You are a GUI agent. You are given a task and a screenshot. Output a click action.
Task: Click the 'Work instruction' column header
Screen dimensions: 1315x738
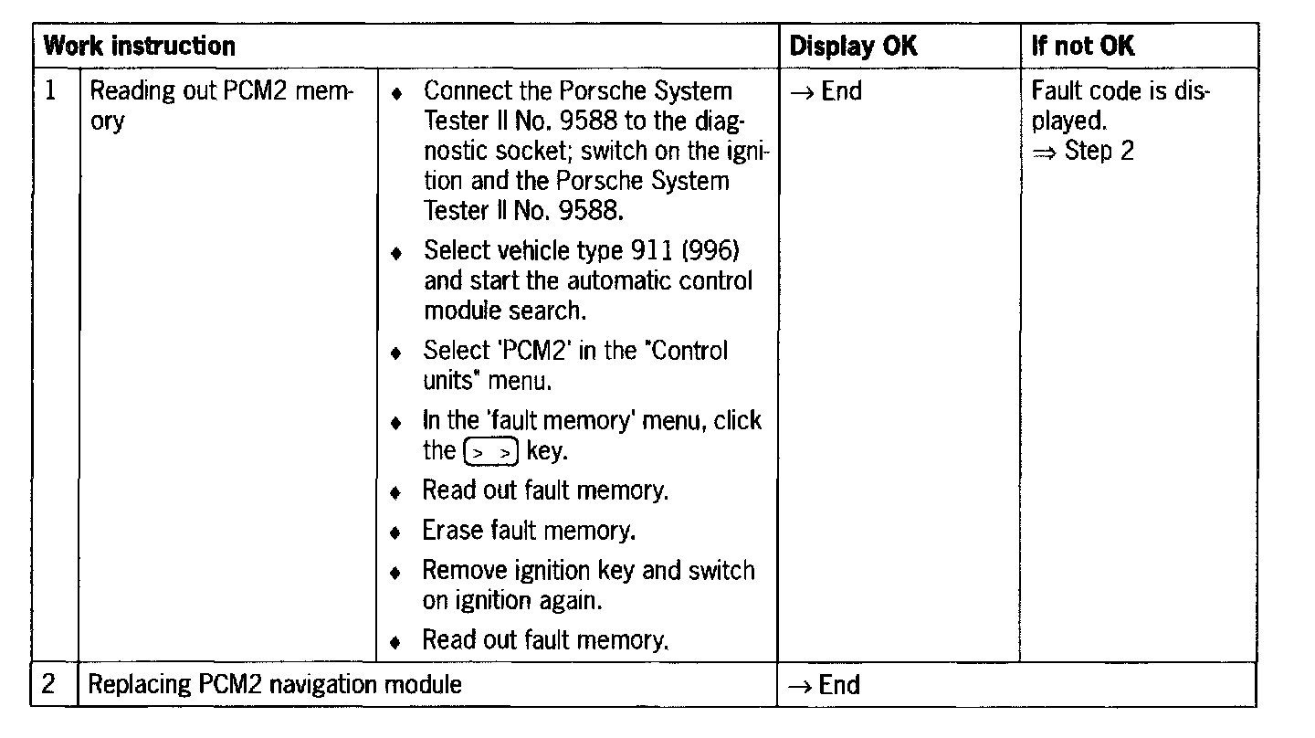pos(140,46)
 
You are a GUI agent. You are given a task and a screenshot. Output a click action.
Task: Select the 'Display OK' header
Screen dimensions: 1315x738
pos(853,46)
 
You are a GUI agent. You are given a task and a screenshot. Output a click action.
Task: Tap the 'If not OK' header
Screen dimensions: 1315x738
pos(1083,46)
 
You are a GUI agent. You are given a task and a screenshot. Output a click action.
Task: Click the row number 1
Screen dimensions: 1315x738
pos(51,91)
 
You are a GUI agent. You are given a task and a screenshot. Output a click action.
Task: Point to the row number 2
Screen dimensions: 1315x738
pos(51,684)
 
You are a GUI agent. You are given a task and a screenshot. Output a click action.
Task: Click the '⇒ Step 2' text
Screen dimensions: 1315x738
pos(1083,151)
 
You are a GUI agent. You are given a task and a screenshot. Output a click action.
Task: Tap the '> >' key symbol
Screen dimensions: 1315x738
pos(491,451)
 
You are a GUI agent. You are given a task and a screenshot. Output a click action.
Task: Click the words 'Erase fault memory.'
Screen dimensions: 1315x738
pos(529,530)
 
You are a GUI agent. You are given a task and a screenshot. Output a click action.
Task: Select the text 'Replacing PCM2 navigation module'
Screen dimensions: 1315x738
pos(275,684)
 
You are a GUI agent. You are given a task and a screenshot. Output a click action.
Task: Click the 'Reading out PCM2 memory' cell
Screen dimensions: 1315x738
pos(223,105)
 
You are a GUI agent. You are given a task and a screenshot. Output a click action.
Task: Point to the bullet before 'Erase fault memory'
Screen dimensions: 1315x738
pos(395,532)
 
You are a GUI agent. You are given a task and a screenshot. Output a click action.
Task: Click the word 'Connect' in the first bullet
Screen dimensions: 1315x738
pos(463,91)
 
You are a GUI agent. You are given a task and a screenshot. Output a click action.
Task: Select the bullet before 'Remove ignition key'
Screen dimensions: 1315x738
pos(395,572)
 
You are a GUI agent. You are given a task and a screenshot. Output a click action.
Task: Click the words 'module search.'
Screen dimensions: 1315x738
pos(504,311)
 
